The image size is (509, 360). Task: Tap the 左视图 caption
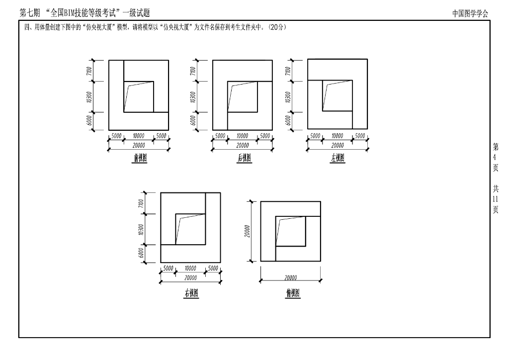coord(338,159)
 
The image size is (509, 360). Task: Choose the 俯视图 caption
coord(293,293)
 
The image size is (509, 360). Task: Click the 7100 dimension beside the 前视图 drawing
coord(89,71)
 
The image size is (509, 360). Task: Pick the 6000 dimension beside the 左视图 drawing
coord(288,121)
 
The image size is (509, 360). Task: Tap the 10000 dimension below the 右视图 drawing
coord(190,269)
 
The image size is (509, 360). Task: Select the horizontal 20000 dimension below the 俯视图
coord(291,278)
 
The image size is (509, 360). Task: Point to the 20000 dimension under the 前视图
coord(139,145)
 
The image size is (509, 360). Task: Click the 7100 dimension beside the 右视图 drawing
coord(141,203)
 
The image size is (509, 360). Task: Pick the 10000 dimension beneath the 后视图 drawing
coord(242,136)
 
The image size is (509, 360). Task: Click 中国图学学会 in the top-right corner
coord(470,14)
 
